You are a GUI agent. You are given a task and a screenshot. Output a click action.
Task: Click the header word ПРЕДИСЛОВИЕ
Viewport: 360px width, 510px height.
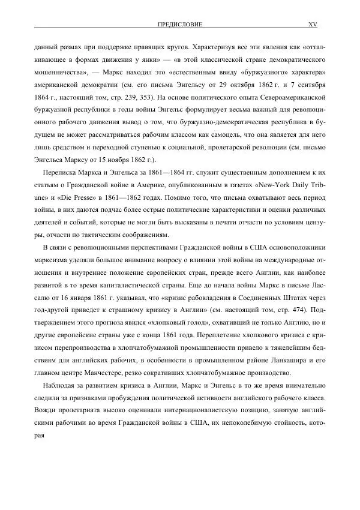[179, 25]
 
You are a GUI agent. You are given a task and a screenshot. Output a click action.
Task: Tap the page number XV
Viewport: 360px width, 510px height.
[312, 25]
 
